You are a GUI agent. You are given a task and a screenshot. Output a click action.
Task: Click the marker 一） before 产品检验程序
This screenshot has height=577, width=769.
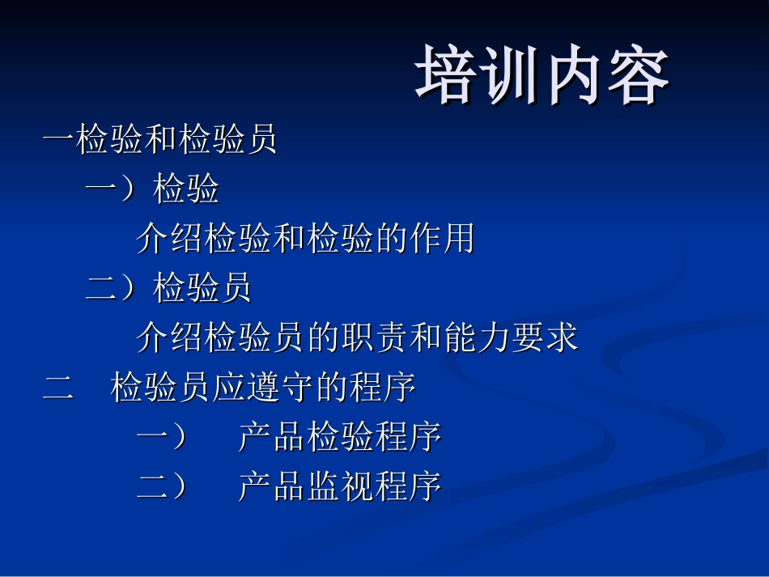coord(162,438)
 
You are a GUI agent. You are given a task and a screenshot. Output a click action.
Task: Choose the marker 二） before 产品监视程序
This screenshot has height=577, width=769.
coord(162,486)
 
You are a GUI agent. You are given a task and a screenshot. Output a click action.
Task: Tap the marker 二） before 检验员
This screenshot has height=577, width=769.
coord(111,288)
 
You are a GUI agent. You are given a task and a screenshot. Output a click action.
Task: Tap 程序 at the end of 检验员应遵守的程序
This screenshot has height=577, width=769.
coord(382,388)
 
